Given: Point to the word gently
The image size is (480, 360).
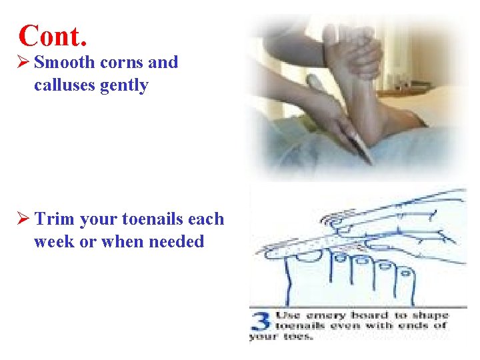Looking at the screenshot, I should tap(124, 85).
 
